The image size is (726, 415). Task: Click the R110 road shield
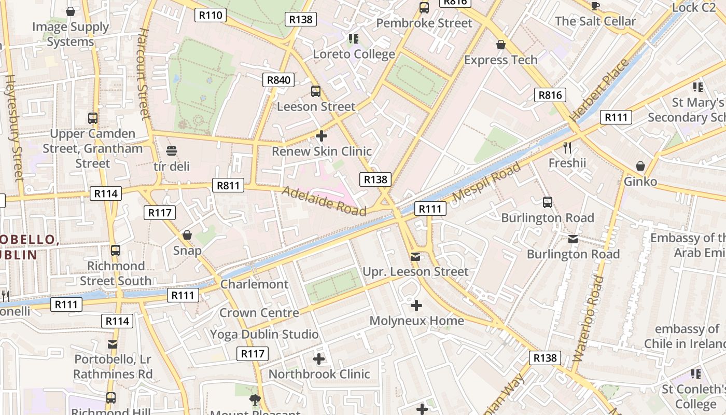click(211, 15)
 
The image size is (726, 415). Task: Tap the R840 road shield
click(278, 80)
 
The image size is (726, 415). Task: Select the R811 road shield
click(228, 185)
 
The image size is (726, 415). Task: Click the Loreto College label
click(354, 54)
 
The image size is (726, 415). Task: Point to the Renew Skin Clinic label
click(322, 151)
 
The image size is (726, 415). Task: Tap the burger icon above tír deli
click(172, 151)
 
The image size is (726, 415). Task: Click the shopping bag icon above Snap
click(187, 235)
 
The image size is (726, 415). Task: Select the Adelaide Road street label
click(324, 201)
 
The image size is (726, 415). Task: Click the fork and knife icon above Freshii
click(567, 148)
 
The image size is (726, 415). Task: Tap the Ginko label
click(640, 182)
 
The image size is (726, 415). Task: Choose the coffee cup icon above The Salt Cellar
click(595, 6)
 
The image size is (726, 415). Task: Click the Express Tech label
click(501, 60)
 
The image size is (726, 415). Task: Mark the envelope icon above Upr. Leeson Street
click(415, 256)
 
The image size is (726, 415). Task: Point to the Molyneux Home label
click(417, 321)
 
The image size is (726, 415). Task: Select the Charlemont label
click(254, 284)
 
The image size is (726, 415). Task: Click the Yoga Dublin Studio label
click(264, 334)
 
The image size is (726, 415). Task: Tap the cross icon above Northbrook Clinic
click(319, 358)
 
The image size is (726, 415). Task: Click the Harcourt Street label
click(144, 73)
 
